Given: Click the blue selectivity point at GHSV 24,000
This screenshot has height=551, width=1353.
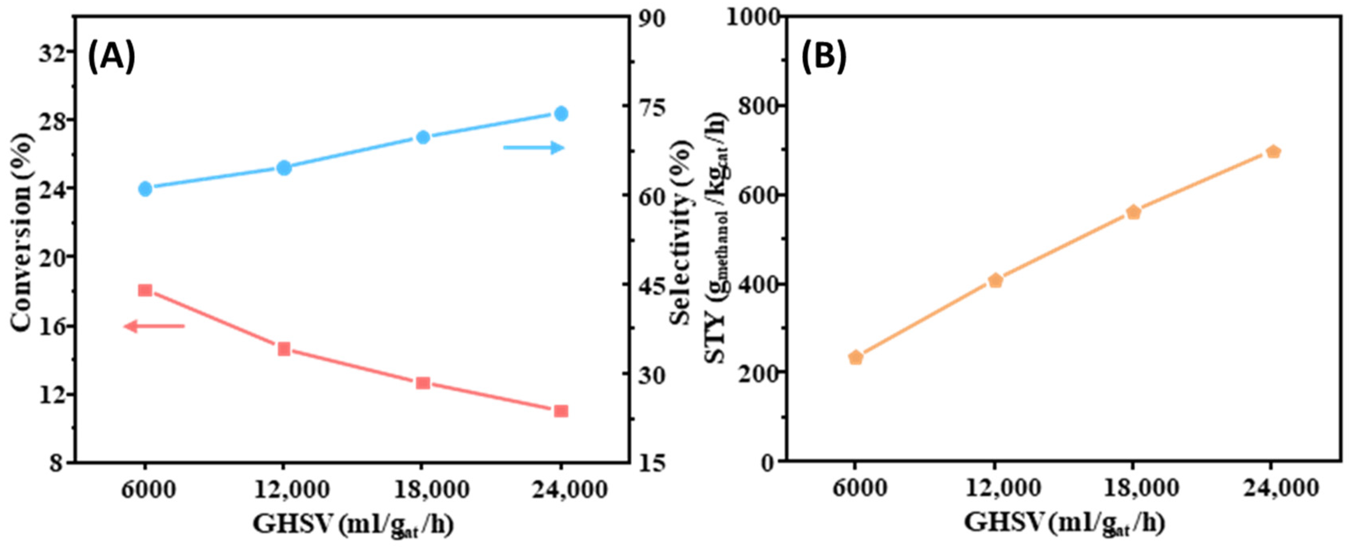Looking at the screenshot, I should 561,114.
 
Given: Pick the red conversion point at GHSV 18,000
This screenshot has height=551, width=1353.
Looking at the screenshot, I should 423,383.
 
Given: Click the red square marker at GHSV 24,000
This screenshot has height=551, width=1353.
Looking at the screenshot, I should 561,411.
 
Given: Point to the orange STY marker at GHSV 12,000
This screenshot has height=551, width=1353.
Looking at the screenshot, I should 995,281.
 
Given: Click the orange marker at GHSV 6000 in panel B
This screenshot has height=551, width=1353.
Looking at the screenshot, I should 856,358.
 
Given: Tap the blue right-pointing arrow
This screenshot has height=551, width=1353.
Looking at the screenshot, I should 533,148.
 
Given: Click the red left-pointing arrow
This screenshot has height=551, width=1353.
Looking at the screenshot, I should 154,326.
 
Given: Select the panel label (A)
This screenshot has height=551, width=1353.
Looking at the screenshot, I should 111,57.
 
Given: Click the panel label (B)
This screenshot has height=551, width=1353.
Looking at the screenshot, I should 824,56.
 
